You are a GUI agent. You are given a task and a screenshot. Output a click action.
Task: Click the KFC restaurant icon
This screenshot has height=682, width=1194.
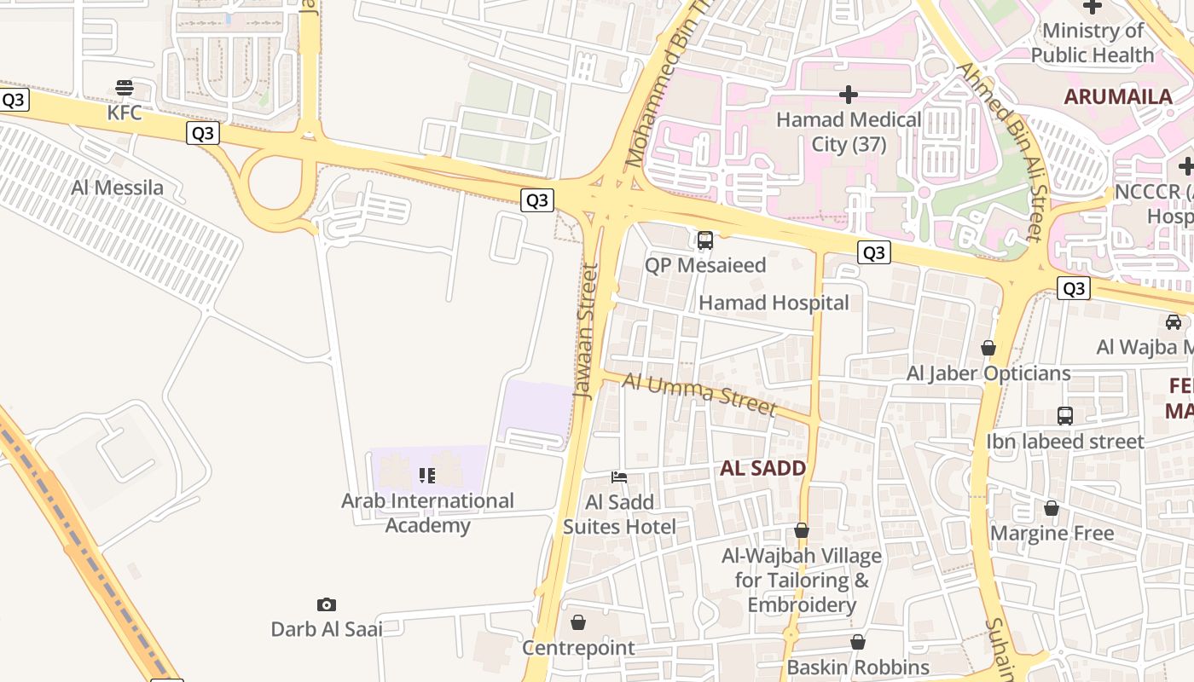(x=125, y=87)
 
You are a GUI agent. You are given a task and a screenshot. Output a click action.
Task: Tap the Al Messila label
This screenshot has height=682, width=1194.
(x=118, y=188)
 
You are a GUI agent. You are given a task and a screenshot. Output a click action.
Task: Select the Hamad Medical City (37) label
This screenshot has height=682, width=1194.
(x=849, y=132)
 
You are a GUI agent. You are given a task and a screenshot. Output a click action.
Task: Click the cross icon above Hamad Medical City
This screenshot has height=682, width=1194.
(x=849, y=94)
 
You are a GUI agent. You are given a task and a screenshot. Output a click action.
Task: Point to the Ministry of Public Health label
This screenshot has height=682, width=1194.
(x=1093, y=43)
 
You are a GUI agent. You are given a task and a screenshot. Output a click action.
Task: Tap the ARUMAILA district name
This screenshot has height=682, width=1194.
(x=1118, y=96)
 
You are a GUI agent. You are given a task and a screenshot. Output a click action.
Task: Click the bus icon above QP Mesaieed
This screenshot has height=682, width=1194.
(x=705, y=240)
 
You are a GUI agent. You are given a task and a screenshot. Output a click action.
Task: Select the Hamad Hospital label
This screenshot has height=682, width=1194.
(x=774, y=303)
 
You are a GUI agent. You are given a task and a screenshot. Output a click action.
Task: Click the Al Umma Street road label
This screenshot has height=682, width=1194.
(x=699, y=395)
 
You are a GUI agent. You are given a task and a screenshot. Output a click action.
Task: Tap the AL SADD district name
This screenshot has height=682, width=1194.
(x=763, y=468)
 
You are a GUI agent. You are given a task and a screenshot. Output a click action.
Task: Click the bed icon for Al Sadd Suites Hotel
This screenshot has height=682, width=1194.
(x=619, y=477)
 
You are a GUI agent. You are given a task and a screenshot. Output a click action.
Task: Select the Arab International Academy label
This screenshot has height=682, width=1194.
(x=427, y=512)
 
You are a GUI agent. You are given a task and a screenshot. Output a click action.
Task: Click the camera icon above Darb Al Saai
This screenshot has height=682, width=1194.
(x=326, y=604)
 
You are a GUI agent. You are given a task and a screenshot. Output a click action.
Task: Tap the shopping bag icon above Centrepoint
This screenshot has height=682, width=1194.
(x=578, y=623)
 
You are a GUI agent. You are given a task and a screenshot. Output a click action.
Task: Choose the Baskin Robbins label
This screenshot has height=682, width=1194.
(x=858, y=667)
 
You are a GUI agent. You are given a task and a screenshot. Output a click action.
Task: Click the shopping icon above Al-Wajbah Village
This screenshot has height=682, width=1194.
(x=802, y=531)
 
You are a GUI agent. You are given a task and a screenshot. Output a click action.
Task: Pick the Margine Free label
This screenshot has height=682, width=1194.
(x=1052, y=534)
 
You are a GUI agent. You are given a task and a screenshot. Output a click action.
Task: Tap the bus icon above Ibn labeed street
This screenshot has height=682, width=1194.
(x=1065, y=416)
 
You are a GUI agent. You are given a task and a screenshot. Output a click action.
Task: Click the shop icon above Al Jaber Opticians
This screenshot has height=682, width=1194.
(x=988, y=348)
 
